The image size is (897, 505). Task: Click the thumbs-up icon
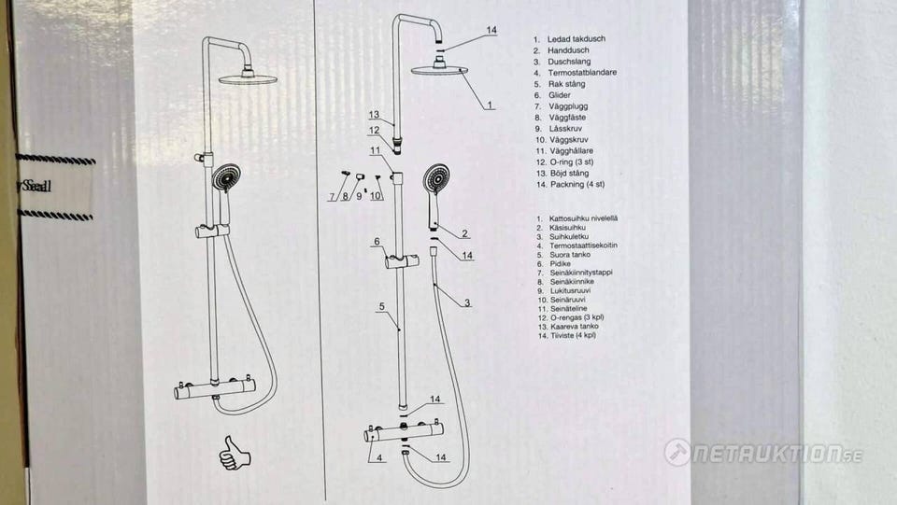click(x=235, y=453)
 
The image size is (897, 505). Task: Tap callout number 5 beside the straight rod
click(x=381, y=306)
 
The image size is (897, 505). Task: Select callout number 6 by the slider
click(x=377, y=242)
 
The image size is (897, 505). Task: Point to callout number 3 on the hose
click(x=467, y=302)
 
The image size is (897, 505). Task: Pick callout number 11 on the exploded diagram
click(x=374, y=150)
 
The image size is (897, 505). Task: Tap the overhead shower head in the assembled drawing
click(x=249, y=77)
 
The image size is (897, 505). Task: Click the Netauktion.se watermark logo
click(x=762, y=454)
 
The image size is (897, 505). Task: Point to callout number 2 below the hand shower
click(x=464, y=233)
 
